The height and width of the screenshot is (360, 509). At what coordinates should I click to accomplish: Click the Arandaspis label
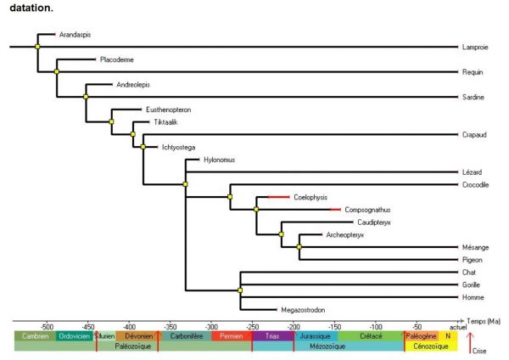(x=75, y=35)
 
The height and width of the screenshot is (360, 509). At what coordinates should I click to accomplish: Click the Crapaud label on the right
(x=473, y=134)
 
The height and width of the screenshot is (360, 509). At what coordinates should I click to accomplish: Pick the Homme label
(x=472, y=297)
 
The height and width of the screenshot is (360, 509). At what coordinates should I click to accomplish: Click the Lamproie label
(x=473, y=47)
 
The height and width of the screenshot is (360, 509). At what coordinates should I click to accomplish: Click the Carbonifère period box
(x=184, y=336)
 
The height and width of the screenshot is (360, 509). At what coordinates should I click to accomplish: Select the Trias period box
(x=272, y=336)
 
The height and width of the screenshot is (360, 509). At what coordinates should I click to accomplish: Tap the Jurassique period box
(x=315, y=336)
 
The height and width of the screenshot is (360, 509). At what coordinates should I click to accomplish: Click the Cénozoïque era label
(x=431, y=346)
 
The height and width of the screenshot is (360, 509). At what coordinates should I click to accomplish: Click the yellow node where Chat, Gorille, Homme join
(x=240, y=290)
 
